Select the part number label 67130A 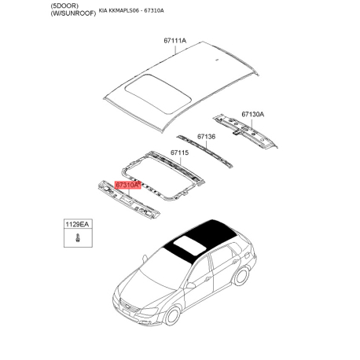point(252,114)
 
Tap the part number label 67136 point(206,137)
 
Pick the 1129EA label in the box point(79,225)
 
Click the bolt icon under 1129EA point(79,237)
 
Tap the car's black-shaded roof point(206,235)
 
